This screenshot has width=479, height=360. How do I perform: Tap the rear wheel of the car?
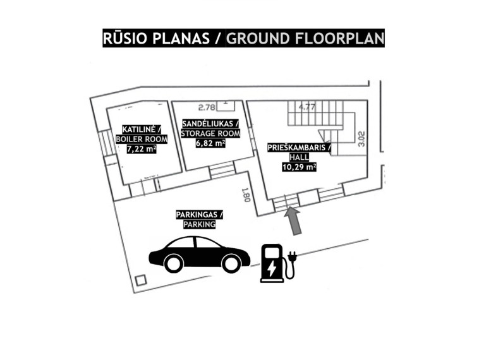(173, 263)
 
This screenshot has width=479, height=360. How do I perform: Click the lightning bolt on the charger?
(272, 268)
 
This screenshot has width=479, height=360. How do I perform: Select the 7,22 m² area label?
(142, 148)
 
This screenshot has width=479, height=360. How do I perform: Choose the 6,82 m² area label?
(210, 143)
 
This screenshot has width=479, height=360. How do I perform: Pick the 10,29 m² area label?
(299, 167)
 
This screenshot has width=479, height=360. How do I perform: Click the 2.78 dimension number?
(207, 107)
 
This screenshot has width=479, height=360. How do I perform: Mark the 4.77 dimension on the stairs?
(306, 107)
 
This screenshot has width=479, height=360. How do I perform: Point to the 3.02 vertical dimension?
(361, 139)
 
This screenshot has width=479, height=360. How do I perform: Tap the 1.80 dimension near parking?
(247, 195)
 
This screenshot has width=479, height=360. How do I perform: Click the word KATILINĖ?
(139, 129)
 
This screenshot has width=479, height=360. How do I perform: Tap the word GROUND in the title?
(258, 39)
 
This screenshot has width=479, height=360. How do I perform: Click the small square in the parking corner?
(141, 280)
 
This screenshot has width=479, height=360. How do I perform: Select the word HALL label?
(299, 157)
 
